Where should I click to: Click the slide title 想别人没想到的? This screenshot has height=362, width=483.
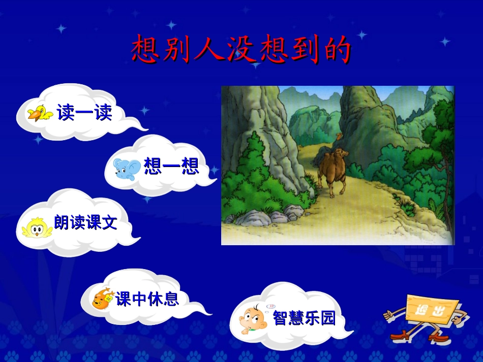[241, 50]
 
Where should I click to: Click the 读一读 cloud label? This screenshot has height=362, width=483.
[84, 113]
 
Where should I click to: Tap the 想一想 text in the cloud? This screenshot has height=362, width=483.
[171, 166]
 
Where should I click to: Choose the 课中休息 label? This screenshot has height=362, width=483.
[147, 299]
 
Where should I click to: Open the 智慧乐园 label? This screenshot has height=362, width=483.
[304, 318]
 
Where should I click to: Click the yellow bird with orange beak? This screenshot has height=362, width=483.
[40, 113]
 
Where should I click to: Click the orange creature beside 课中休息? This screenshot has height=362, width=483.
[103, 298]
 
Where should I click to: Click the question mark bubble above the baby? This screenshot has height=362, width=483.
[271, 306]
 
